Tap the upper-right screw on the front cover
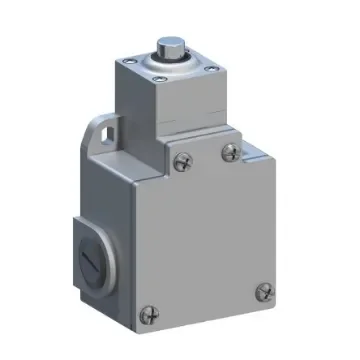pos(231,151)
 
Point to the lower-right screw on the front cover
pos(265,292)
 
